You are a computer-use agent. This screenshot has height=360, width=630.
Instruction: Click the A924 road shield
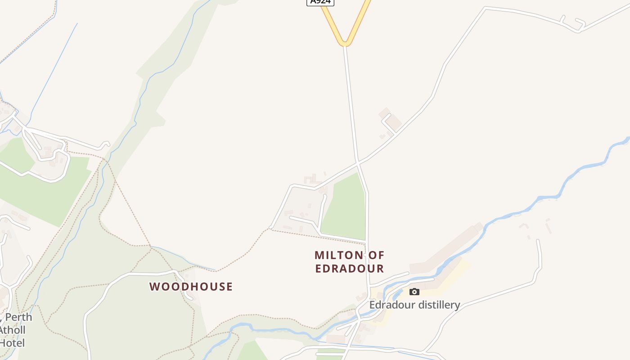point(320,2)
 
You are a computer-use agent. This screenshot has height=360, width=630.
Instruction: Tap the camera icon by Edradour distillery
point(414,292)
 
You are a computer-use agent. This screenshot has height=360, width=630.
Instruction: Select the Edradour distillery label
point(414,305)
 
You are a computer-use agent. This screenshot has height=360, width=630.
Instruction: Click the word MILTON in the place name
point(338,256)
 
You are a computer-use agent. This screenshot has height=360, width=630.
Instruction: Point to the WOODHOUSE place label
point(191,287)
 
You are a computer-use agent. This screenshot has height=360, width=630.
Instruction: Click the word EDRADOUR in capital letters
point(349,269)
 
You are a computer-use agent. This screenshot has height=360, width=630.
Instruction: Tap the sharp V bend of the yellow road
point(345,42)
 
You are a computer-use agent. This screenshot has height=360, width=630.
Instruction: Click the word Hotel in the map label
point(12,343)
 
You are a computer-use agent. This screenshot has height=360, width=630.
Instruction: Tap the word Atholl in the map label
point(12,330)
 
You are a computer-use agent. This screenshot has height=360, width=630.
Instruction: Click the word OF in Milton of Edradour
point(377,256)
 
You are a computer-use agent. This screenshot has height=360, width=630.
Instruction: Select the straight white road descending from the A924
point(351,103)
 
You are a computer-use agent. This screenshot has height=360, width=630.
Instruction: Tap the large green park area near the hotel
point(45,189)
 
